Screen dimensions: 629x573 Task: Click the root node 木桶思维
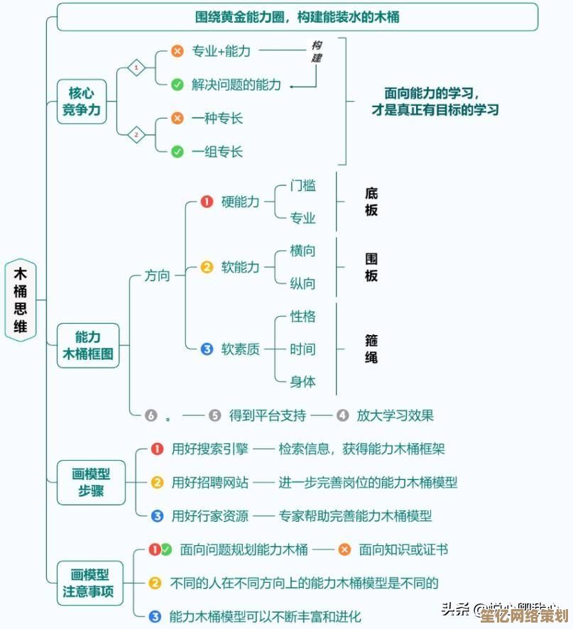(21, 300)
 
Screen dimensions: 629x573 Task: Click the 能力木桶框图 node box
(88, 345)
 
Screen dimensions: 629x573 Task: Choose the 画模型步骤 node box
(91, 481)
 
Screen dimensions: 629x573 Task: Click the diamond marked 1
(136, 68)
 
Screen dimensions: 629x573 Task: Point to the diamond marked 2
(136, 134)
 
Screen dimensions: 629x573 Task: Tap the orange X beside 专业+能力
(178, 51)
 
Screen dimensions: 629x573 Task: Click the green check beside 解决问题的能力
(178, 84)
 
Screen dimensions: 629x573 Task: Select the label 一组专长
(217, 151)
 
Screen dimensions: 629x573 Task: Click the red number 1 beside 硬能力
(207, 202)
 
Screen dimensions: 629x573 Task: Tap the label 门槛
(302, 186)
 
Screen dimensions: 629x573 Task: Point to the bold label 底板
(371, 202)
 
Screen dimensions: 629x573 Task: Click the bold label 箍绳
(371, 349)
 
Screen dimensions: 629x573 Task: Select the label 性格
(302, 317)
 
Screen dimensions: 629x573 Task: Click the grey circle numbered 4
(342, 415)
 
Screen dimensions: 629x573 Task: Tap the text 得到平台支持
(268, 415)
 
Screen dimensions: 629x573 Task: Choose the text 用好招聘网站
(210, 483)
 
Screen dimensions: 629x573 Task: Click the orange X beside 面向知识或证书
(344, 549)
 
